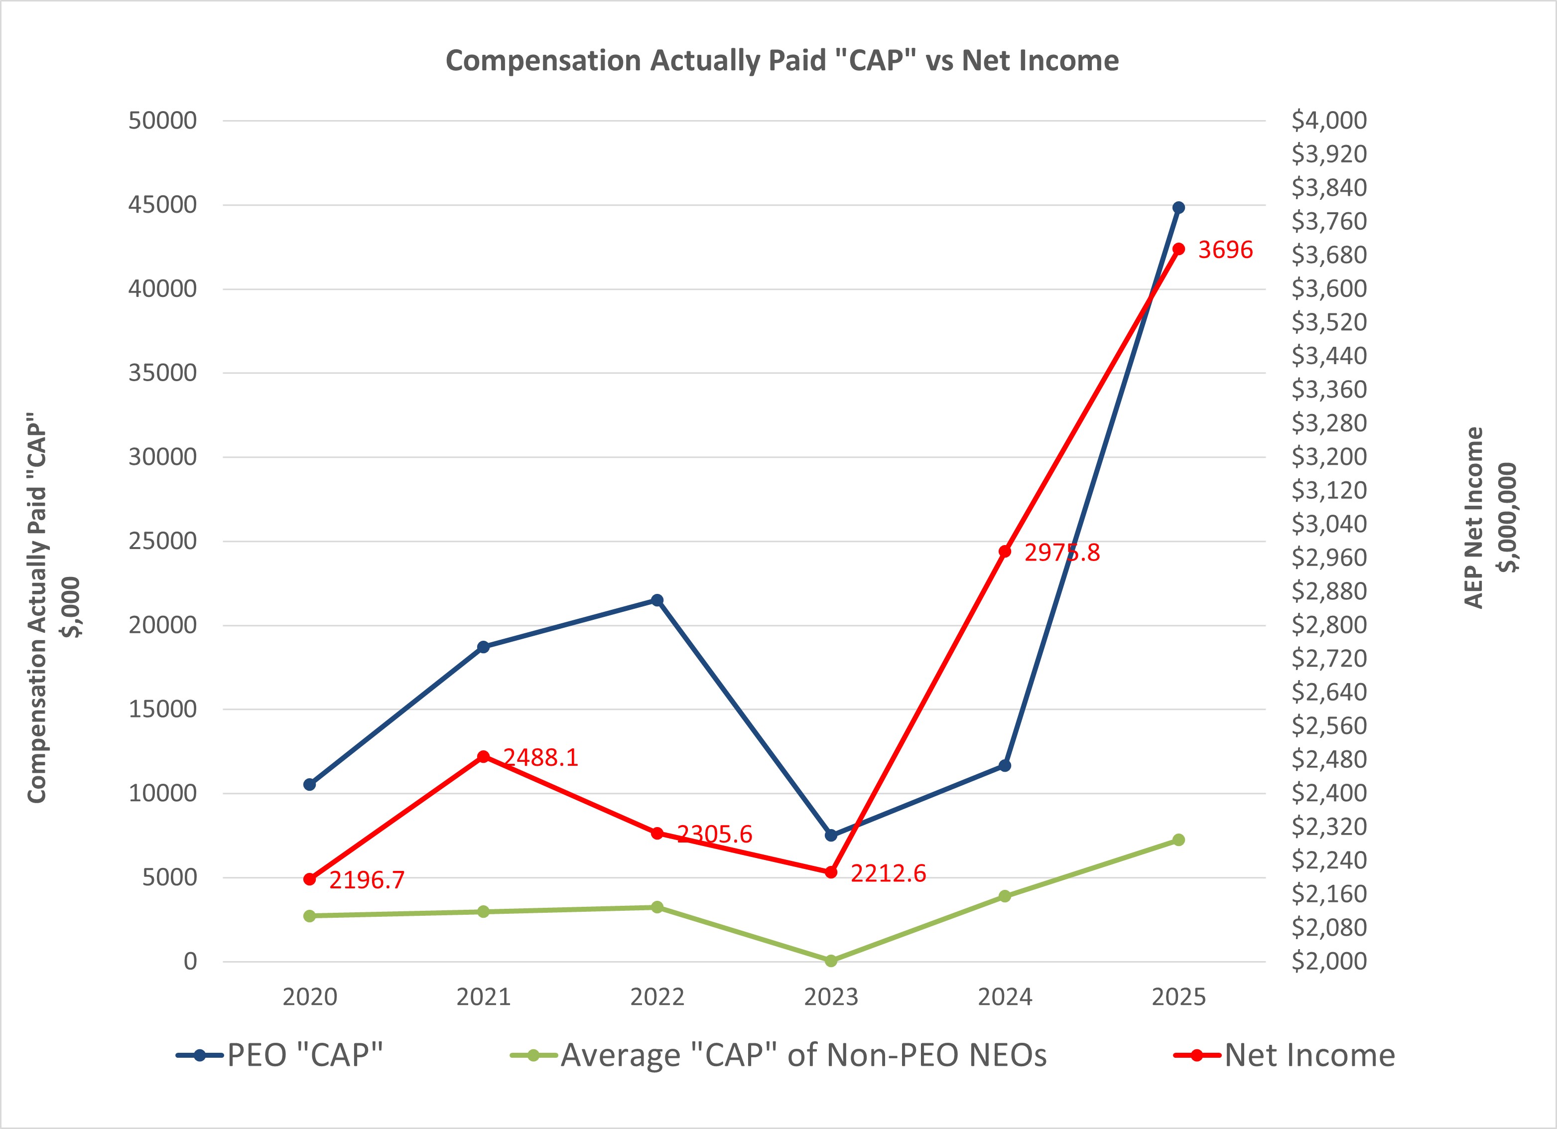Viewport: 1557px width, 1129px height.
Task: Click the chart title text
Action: [x=782, y=60]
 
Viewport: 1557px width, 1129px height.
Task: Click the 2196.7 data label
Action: [x=367, y=880]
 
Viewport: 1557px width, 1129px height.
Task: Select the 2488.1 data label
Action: [x=540, y=757]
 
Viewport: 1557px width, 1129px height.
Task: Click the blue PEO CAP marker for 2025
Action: [x=1178, y=207]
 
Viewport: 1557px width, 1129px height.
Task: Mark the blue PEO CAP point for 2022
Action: [x=657, y=600]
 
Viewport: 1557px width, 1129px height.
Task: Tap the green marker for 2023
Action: [x=831, y=961]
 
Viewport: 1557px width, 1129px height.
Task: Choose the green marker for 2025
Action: [x=1178, y=840]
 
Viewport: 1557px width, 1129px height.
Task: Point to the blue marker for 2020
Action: [x=310, y=784]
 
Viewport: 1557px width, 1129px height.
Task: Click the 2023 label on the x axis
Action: [x=831, y=997]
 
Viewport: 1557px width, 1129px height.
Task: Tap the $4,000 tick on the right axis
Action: [x=1328, y=120]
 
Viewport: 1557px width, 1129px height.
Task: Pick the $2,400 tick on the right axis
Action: [x=1328, y=793]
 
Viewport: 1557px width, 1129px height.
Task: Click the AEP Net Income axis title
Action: [x=1490, y=518]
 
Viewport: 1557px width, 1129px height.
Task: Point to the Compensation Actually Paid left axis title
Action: [x=51, y=608]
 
